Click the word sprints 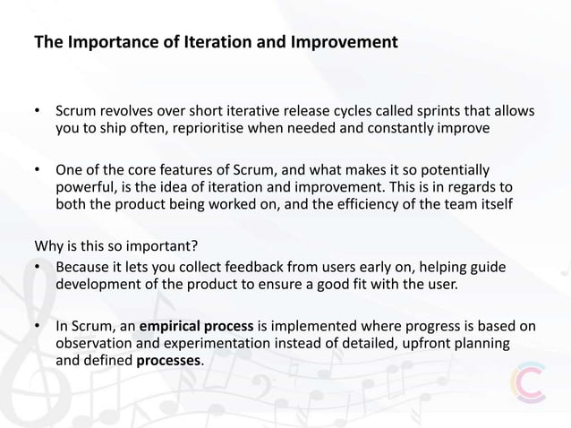422,112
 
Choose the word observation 98,344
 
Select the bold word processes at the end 169,361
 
